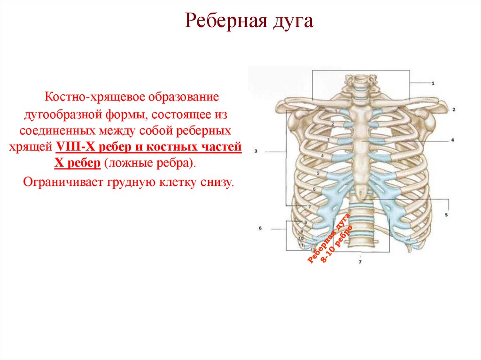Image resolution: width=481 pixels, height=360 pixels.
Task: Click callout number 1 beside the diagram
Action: tap(432, 83)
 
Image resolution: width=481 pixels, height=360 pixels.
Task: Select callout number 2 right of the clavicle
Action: tap(454, 109)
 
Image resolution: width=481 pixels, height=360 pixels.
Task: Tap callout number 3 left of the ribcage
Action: tap(256, 151)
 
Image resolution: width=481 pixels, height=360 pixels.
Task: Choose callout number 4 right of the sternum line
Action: tap(452, 140)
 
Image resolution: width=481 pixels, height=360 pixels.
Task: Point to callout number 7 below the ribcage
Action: tap(360, 261)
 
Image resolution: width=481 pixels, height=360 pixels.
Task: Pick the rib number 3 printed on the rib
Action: tap(328, 140)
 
